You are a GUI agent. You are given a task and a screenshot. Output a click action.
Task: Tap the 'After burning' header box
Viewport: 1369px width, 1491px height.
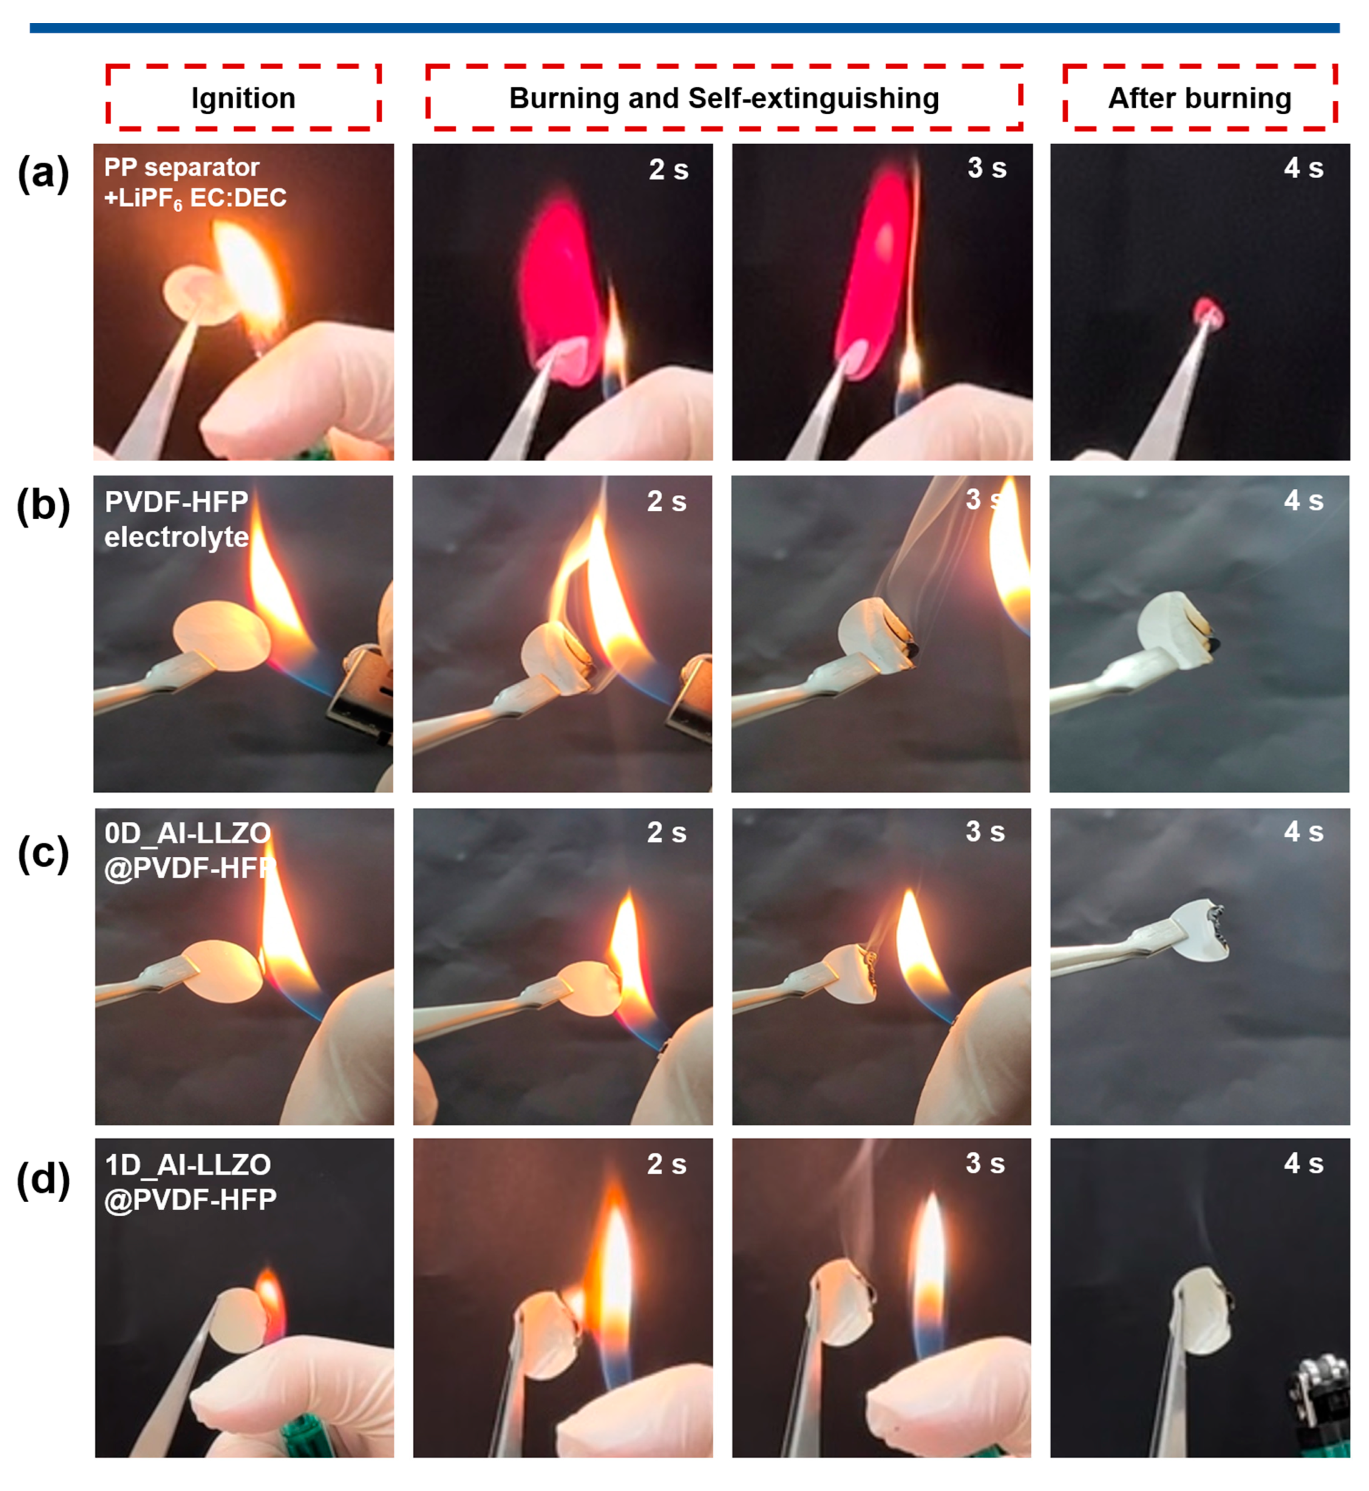[x=1200, y=98]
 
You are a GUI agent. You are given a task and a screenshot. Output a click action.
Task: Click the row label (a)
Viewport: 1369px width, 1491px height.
[x=43, y=175]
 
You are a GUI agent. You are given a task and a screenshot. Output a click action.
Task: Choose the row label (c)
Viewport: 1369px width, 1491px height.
[x=43, y=854]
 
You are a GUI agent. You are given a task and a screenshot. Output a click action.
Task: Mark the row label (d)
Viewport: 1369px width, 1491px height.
[x=43, y=1180]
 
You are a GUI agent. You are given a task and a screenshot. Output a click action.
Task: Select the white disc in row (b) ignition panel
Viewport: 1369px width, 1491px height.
[x=221, y=636]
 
